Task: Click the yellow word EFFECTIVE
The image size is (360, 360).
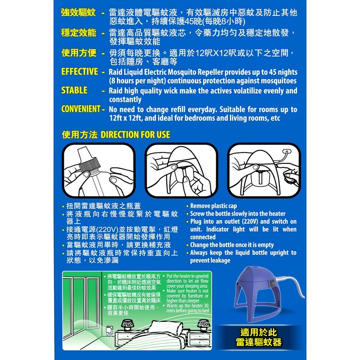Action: [80, 72]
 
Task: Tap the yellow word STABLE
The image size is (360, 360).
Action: [74, 90]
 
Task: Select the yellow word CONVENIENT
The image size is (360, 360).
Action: [81, 109]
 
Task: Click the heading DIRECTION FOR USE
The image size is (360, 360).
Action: [135, 135]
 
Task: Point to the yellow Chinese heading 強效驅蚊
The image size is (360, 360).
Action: [78, 13]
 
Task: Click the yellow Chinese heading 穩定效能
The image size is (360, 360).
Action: [78, 32]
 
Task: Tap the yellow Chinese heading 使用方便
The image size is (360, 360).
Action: [79, 53]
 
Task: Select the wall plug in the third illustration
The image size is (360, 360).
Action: [286, 152]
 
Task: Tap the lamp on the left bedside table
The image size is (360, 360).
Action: [126, 325]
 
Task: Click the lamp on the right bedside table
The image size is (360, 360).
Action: [204, 325]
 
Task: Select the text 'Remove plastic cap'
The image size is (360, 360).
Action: [213, 206]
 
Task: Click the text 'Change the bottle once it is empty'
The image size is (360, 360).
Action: [232, 245]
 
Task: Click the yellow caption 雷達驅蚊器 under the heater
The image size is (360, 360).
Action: [259, 342]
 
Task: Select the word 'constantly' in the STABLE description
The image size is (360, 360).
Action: [126, 99]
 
